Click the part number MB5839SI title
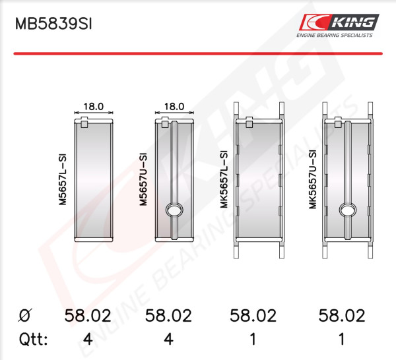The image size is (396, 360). click(x=53, y=24)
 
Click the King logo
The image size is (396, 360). click(x=339, y=22)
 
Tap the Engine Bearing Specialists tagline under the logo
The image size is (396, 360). click(x=335, y=36)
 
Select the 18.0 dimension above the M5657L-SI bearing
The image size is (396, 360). click(x=94, y=106)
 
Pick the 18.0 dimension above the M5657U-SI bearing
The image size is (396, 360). click(x=174, y=106)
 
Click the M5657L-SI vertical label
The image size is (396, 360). click(x=63, y=179)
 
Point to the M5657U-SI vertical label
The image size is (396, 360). click(x=143, y=179)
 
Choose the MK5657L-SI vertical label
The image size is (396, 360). click(x=224, y=179)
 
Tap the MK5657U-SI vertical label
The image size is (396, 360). click(x=313, y=179)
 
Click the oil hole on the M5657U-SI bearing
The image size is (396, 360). click(x=174, y=210)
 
